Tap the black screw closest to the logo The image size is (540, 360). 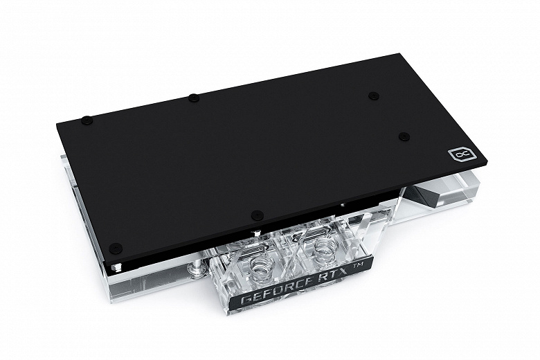tap(404, 137)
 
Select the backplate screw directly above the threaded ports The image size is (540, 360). tap(258, 215)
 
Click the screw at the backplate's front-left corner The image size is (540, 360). tap(116, 248)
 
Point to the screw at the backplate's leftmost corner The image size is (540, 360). tap(86, 120)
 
